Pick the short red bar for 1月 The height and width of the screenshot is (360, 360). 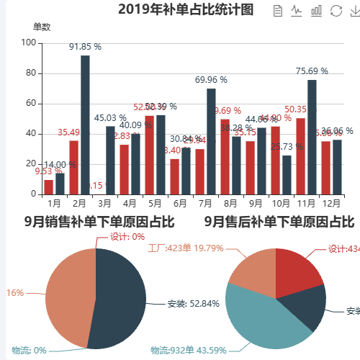[48, 187]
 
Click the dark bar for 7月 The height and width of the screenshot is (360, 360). [211, 141]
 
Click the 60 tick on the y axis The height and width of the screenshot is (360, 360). [31, 104]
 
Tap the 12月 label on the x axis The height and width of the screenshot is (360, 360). [331, 204]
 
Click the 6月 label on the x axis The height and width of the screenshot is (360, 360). [180, 204]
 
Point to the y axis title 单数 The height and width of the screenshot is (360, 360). [42, 27]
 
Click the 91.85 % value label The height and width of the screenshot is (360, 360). [85, 46]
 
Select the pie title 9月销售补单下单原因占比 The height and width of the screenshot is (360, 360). [99, 222]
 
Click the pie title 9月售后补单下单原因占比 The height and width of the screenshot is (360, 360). [279, 222]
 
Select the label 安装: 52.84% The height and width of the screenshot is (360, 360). [193, 303]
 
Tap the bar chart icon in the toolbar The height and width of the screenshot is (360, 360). [316, 10]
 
